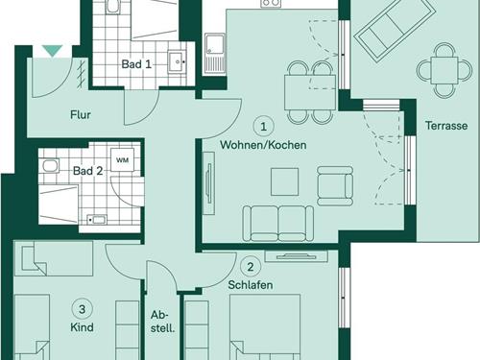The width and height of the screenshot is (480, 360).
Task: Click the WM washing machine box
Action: tap(122, 159)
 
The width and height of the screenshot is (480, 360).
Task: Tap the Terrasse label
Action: tap(446, 126)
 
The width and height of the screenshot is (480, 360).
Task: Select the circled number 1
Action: tap(263, 127)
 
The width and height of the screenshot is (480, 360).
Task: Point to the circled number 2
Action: tap(251, 267)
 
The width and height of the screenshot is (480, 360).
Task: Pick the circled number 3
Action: tap(83, 309)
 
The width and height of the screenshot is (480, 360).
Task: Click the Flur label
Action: tap(81, 114)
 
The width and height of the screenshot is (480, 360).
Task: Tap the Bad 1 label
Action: tap(136, 64)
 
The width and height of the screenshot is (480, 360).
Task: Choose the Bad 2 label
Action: tap(88, 171)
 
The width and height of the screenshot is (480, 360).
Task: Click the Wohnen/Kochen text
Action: tap(263, 145)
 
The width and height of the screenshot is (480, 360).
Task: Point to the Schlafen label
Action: tap(251, 285)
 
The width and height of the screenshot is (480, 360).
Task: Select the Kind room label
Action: tap(82, 327)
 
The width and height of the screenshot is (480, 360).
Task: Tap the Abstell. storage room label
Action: tap(162, 322)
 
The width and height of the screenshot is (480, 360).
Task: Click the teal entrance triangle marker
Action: tap(53, 51)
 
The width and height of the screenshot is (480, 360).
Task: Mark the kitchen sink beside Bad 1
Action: tap(215, 54)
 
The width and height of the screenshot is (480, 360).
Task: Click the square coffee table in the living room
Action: tap(284, 181)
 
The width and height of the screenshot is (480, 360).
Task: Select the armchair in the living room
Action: tap(335, 185)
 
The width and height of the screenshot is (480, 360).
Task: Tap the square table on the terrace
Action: tap(444, 70)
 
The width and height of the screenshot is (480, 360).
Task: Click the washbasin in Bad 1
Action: tap(177, 61)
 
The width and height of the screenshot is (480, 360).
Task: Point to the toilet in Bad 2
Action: tap(49, 166)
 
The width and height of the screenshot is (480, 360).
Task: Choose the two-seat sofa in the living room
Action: tap(278, 224)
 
